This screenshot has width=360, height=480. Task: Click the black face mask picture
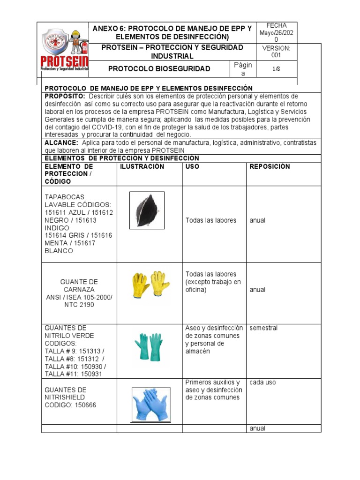tap(147, 210)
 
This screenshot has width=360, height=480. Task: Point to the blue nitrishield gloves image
tap(151, 404)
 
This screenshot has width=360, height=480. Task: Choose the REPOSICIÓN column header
tap(270, 167)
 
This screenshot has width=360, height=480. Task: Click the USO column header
tap(192, 167)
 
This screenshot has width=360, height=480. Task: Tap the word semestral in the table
tap(263, 328)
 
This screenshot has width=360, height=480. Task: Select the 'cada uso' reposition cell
tap(262, 382)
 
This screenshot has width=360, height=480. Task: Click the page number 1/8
tap(276, 69)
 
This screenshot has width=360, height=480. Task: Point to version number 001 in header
tap(276, 55)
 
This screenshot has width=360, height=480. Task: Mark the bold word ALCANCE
tap(61, 142)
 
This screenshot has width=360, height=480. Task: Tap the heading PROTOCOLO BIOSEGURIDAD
tap(159, 69)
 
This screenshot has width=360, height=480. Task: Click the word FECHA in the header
tap(276, 25)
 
